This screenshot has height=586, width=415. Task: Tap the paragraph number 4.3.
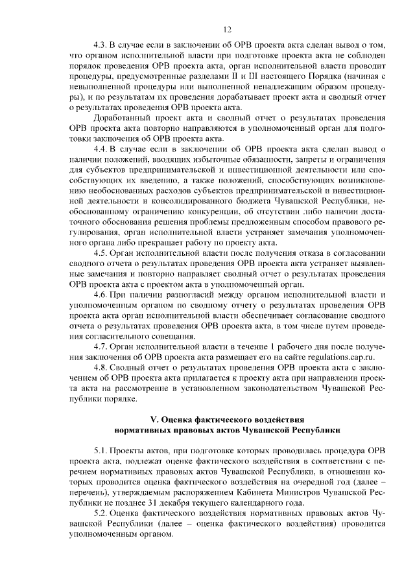(x=101, y=45)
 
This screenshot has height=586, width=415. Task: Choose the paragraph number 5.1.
(x=101, y=449)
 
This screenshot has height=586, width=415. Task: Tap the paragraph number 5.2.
(x=101, y=512)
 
